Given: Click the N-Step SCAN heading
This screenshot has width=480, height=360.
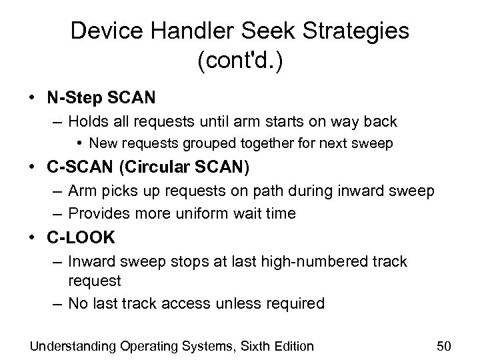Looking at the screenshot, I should [101, 98].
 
